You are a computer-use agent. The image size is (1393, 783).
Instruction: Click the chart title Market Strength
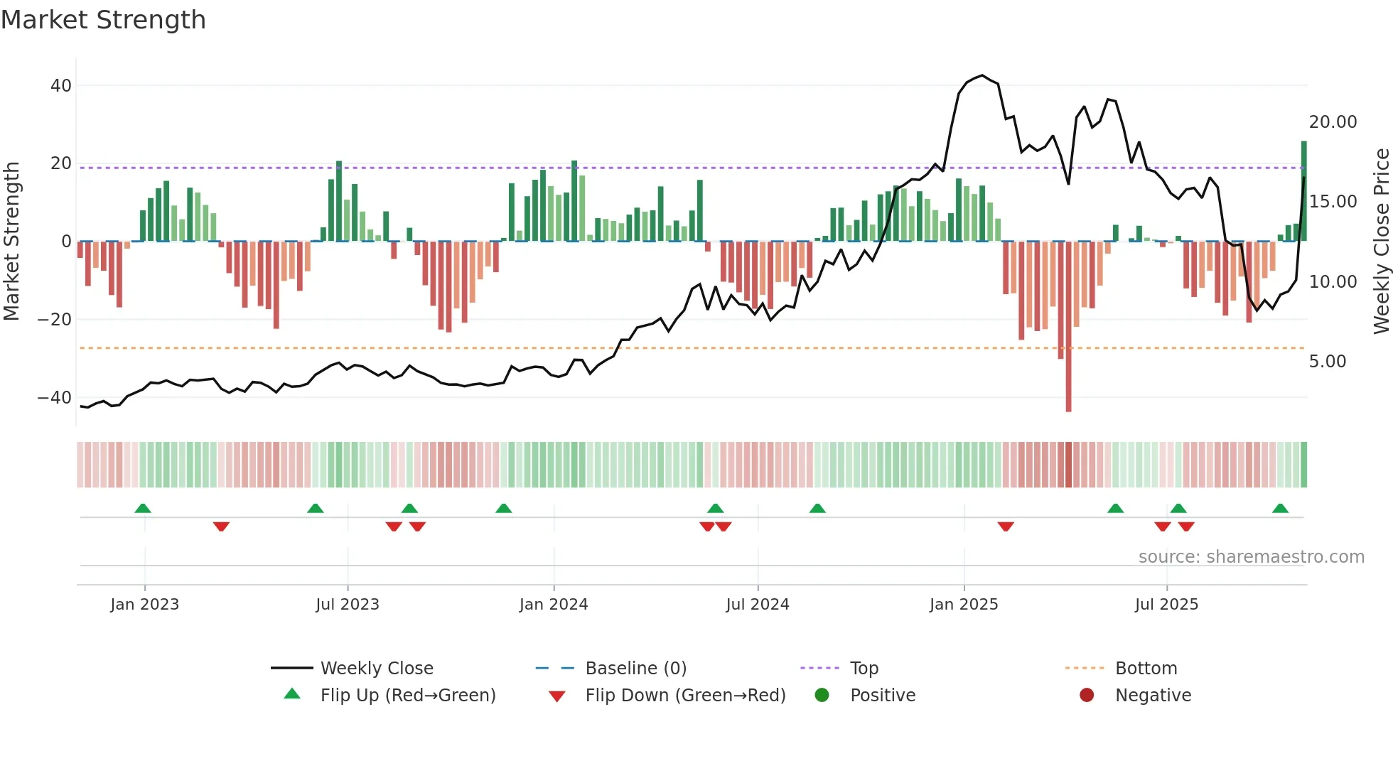point(103,20)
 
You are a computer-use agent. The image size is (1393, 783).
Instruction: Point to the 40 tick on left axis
point(61,85)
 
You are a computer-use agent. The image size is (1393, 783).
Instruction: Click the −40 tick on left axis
point(54,397)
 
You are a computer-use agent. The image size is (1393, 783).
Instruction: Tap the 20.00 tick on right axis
point(1333,122)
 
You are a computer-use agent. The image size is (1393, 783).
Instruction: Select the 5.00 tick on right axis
point(1327,362)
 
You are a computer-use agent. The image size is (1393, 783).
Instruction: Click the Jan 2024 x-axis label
point(553,605)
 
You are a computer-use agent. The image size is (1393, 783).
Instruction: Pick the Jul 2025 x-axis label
point(1166,605)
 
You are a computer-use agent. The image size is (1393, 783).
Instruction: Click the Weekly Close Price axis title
point(1381,242)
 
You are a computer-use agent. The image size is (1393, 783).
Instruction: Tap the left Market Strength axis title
point(11,242)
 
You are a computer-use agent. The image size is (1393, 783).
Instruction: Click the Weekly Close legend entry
point(376,669)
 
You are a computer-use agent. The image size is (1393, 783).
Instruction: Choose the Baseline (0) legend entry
point(635,669)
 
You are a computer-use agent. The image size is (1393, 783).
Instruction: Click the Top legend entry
point(864,669)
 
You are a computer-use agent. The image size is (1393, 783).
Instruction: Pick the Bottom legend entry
point(1146,669)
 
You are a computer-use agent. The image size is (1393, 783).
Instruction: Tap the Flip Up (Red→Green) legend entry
point(407,696)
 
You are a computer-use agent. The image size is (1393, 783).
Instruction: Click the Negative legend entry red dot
point(1086,696)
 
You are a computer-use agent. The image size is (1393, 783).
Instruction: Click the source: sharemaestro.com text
point(1251,557)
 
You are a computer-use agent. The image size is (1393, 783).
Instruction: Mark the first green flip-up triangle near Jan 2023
point(143,509)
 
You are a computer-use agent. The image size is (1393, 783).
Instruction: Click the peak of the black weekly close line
point(982,75)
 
